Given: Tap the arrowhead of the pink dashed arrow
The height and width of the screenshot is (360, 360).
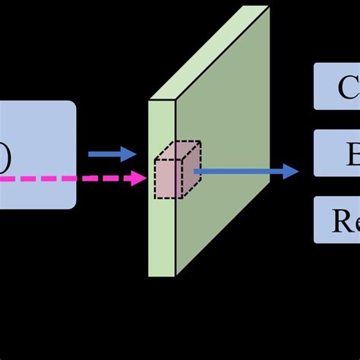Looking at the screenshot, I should click(x=139, y=179).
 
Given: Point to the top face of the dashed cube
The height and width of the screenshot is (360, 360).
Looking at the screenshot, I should click(x=181, y=150).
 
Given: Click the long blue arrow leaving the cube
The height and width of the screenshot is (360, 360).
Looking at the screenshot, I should click(x=243, y=172).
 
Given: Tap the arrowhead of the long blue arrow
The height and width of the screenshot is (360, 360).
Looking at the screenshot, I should click(x=290, y=172).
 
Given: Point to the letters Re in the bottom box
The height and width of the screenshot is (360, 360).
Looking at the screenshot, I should click(x=346, y=221).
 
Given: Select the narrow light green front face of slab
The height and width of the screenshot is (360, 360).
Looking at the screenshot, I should click(x=162, y=228).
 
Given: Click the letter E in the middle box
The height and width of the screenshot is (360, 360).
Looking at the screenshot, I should click(x=353, y=155).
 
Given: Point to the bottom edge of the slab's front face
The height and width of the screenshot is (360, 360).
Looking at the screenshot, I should click(x=162, y=276).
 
